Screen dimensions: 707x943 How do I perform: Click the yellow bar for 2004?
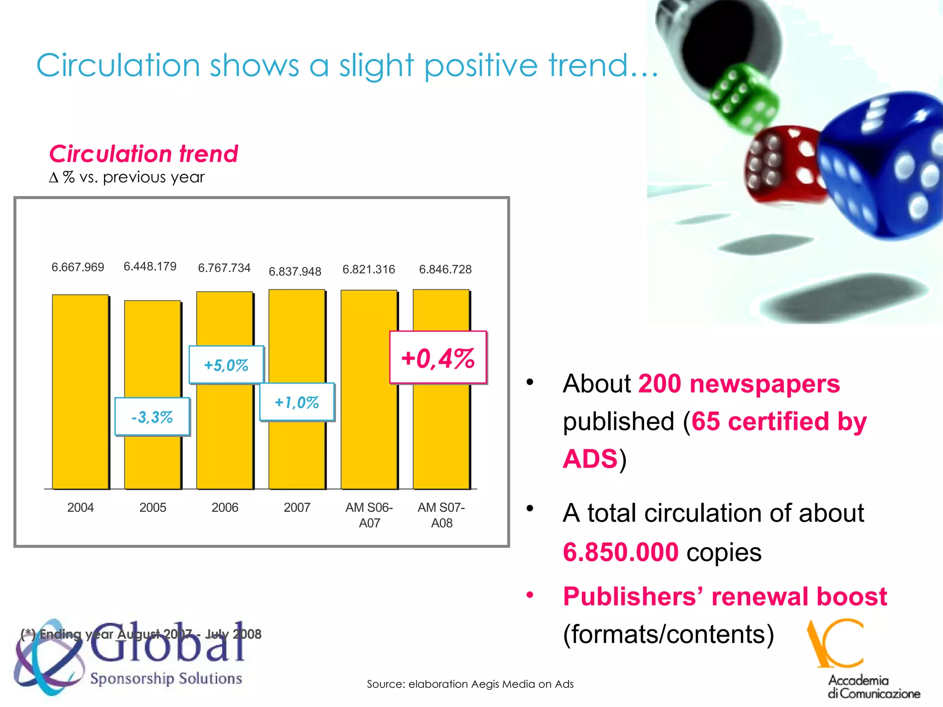point(81,391)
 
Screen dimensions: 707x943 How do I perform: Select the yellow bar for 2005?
point(152,350)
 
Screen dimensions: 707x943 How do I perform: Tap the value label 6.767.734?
point(224,268)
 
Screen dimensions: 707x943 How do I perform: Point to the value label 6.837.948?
point(295,272)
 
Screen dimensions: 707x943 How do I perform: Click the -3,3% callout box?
point(152,417)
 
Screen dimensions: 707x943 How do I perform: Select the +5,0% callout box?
point(226,365)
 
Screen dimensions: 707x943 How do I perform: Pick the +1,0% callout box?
point(297,402)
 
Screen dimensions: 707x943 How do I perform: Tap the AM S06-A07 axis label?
point(369,515)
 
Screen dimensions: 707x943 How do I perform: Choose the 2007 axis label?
point(297,507)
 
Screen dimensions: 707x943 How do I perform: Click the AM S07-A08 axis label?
point(441,515)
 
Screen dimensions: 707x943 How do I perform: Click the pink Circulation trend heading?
point(144,154)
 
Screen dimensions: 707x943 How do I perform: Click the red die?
point(783,166)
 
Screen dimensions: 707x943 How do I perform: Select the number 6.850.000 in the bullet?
point(620,552)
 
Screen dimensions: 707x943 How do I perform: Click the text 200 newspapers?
point(739,383)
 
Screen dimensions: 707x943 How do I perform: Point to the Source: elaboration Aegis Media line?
point(470,684)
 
